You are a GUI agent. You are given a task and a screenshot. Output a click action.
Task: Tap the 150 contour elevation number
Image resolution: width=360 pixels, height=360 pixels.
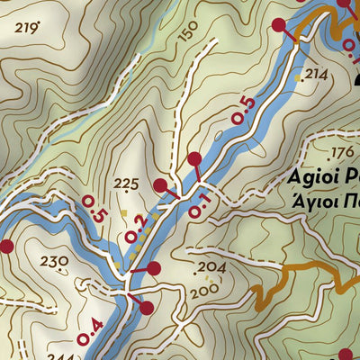tap(188, 33)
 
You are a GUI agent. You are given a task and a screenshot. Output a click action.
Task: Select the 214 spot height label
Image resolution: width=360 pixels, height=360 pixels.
tap(317, 75)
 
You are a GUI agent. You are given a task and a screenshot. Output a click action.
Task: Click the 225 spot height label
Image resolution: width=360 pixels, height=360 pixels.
tap(127, 184)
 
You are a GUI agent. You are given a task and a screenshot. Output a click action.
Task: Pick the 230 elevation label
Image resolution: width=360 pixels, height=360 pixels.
tap(55, 262)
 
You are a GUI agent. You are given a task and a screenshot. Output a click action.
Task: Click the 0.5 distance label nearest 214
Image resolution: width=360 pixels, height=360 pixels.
tap(243, 110)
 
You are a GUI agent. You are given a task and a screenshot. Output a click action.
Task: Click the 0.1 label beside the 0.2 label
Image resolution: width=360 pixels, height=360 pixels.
tap(199, 205)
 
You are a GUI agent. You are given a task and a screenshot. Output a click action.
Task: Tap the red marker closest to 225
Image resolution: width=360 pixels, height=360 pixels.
tap(160, 186)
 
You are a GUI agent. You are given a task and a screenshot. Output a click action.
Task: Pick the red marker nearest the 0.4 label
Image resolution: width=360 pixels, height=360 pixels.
tap(147, 308)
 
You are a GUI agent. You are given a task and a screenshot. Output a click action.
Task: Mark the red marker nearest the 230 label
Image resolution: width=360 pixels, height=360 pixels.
tap(6, 246)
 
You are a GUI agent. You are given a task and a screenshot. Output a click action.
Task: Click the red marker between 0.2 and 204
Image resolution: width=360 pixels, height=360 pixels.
tap(153, 268)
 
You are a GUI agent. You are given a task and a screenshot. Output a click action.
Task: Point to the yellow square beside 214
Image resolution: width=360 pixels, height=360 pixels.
tap(299, 78)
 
